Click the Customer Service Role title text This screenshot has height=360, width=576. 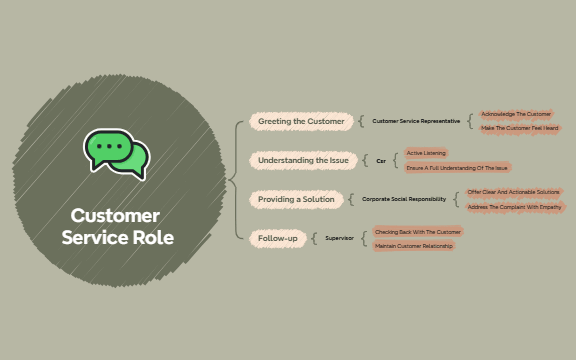click(x=116, y=227)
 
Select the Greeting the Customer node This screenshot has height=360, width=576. click(x=300, y=121)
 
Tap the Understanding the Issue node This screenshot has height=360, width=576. click(x=303, y=160)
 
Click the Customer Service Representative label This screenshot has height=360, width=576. click(x=416, y=121)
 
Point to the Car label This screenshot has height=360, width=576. click(x=381, y=160)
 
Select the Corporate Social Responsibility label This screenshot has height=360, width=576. click(x=404, y=199)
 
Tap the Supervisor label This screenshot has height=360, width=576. click(x=340, y=238)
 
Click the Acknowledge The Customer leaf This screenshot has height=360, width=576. click(x=516, y=114)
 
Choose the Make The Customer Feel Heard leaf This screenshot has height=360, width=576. click(x=520, y=128)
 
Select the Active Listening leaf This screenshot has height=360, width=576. click(x=427, y=153)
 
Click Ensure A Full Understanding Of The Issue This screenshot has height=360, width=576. click(x=458, y=167)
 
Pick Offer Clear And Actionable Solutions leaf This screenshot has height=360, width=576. click(x=513, y=192)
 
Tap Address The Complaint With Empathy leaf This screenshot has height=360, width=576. click(x=514, y=206)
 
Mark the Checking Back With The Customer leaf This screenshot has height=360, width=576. click(x=417, y=231)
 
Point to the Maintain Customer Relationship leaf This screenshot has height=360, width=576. click(x=414, y=245)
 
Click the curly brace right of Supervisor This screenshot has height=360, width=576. click(x=363, y=238)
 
